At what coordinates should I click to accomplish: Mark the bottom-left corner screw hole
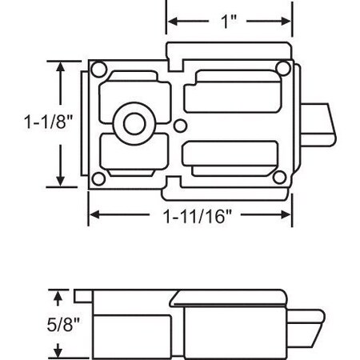pos(98,178)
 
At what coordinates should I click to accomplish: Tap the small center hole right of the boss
pos(181,124)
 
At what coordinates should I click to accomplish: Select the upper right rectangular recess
pos(231,93)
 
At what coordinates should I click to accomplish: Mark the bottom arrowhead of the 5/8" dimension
pos(58,351)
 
